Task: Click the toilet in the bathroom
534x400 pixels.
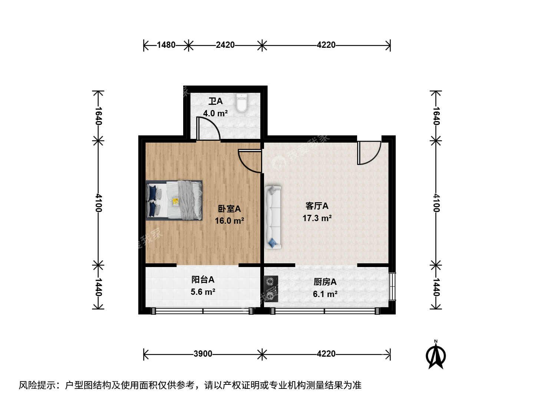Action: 241,103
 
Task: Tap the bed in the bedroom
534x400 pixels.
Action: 174,200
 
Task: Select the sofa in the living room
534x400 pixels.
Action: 273,217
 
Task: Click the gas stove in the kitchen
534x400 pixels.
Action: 271,289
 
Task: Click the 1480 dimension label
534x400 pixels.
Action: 166,45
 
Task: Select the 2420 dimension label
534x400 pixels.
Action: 225,45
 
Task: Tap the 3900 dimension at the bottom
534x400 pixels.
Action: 203,354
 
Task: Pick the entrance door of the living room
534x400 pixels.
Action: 369,153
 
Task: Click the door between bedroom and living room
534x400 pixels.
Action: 250,161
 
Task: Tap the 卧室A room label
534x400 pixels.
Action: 230,209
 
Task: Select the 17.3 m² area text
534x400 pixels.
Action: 317,218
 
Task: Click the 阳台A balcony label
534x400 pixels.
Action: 203,280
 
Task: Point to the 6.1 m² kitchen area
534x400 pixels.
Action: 325,294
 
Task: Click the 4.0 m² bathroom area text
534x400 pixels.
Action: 215,113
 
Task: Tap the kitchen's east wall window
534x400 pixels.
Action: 392,287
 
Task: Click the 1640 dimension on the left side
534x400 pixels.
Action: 99,116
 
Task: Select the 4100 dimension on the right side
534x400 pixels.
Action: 436,203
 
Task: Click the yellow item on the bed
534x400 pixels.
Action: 175,201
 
